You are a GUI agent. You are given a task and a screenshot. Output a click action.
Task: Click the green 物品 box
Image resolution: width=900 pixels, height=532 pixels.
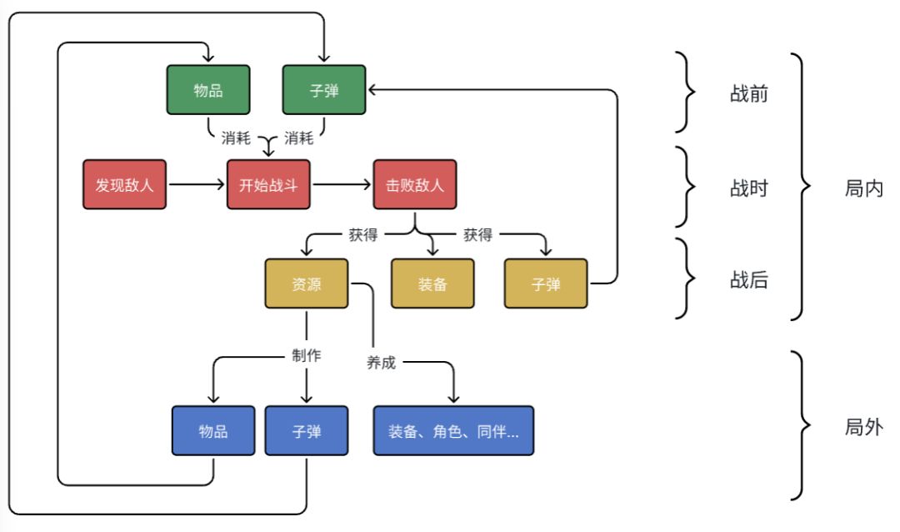click(x=207, y=90)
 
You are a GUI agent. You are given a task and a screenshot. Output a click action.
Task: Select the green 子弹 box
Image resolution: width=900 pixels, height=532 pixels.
click(x=324, y=90)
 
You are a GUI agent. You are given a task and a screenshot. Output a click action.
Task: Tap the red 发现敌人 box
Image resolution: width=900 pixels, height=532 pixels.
click(x=125, y=184)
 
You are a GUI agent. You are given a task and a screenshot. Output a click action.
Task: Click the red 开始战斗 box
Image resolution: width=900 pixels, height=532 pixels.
click(x=268, y=184)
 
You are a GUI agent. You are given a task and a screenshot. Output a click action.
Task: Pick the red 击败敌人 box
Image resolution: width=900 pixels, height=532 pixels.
click(x=414, y=184)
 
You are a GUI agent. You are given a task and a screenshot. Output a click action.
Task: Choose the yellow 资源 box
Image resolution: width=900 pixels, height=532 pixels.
click(x=307, y=284)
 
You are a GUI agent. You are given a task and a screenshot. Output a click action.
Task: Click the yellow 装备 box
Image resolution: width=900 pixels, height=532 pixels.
click(x=432, y=284)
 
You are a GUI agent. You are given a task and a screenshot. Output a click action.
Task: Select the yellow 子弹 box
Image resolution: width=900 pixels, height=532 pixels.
click(x=546, y=284)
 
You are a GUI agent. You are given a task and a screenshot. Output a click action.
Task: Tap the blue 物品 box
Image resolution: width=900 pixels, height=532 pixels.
click(x=213, y=431)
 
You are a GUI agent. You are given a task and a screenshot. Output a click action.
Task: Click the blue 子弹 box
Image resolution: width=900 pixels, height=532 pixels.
click(x=307, y=431)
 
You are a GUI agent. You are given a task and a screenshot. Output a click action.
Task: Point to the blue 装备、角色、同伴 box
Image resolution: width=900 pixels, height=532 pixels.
click(x=453, y=431)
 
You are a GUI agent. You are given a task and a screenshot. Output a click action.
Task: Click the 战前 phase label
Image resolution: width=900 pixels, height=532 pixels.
click(x=748, y=94)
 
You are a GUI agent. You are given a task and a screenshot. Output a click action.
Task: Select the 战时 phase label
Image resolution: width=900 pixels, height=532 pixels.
click(x=748, y=188)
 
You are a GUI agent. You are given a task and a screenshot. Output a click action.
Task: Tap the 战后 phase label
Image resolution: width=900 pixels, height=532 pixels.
click(x=748, y=281)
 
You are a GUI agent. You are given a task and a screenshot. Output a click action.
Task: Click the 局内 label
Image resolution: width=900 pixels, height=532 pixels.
click(x=863, y=188)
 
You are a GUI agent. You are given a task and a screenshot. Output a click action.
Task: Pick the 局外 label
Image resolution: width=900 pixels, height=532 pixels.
click(x=863, y=428)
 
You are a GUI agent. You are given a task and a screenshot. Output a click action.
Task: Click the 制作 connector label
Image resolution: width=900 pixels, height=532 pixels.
click(x=306, y=356)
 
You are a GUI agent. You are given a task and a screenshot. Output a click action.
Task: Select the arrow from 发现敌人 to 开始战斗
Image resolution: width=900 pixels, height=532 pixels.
click(x=197, y=184)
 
